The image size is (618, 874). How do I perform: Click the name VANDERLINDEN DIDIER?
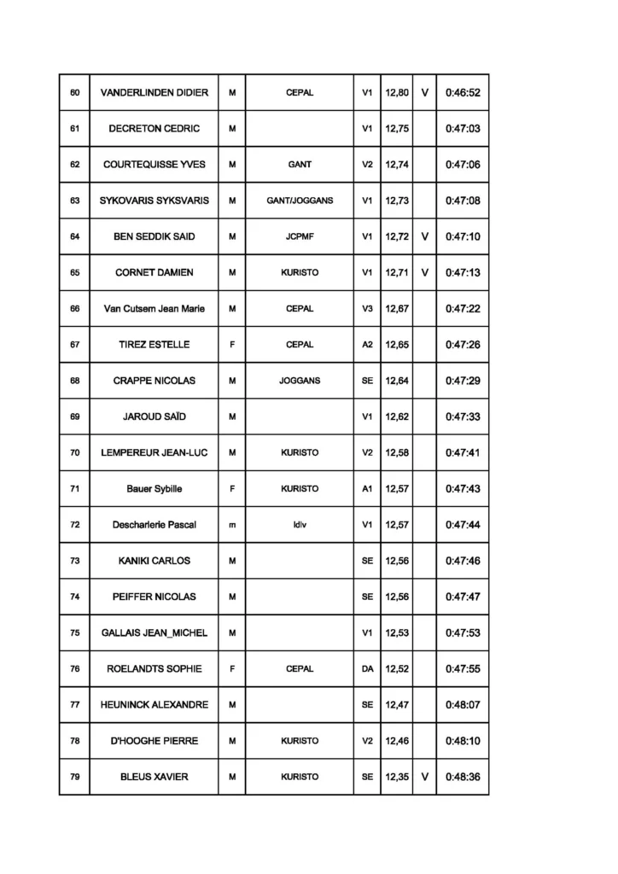point(154,92)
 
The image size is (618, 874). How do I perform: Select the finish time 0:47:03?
point(463,129)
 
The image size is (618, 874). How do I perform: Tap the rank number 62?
point(74,165)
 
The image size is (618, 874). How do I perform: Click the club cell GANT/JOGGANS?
point(300,201)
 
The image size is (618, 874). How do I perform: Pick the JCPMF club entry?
point(300,236)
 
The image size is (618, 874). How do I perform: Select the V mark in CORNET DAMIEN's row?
point(424,272)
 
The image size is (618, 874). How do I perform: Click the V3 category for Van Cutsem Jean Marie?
point(367,309)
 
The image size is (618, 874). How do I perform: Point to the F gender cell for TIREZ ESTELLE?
point(232,345)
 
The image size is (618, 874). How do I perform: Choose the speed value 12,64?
point(397,381)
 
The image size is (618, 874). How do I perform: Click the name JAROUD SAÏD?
point(154,417)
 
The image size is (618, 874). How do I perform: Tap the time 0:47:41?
point(463,452)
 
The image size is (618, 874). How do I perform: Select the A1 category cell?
point(367,489)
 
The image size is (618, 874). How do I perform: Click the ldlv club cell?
point(300,525)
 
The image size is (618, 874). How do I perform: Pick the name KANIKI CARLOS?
point(154,561)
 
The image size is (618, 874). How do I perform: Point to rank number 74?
point(74,597)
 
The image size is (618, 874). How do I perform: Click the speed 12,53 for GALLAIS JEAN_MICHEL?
point(397,632)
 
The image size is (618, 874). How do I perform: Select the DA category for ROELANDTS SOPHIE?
point(367,669)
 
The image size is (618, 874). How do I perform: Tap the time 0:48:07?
point(463,705)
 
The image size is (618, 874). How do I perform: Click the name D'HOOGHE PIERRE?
point(154,741)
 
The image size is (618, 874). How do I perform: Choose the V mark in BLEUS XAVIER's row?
point(424,777)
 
